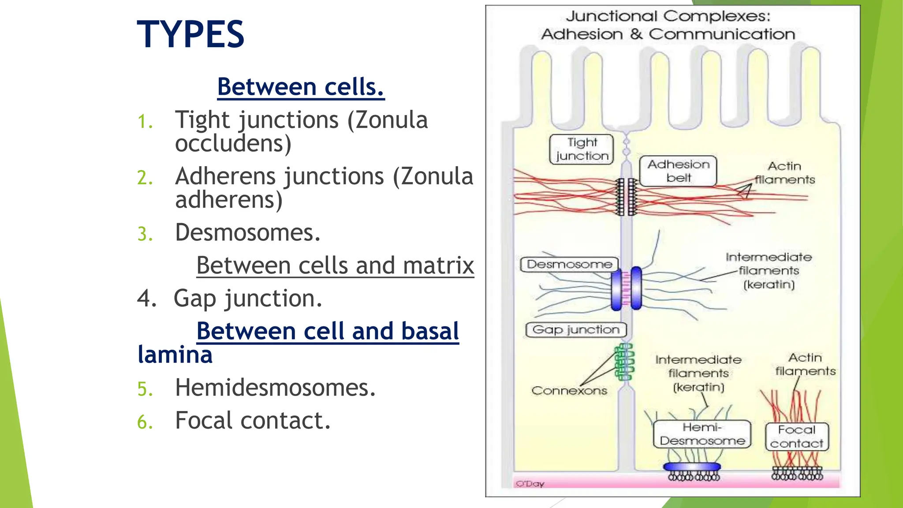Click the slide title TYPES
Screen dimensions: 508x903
pyautogui.click(x=190, y=34)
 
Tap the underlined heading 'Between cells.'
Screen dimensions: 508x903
pyautogui.click(x=301, y=86)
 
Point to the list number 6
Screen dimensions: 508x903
pyautogui.click(x=145, y=422)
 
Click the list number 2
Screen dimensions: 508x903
pyautogui.click(x=145, y=178)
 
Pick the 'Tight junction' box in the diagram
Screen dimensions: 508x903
pyautogui.click(x=582, y=149)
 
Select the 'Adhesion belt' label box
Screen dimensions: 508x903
pyautogui.click(x=678, y=171)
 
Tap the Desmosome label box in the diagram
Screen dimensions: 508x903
pyautogui.click(x=569, y=264)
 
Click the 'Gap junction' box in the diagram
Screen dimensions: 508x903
pyautogui.click(x=576, y=330)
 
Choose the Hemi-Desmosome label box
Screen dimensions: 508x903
pyautogui.click(x=702, y=434)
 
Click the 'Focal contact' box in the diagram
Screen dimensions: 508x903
pyautogui.click(x=797, y=437)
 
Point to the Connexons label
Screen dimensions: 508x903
pyautogui.click(x=569, y=390)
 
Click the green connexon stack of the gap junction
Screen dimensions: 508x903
pyautogui.click(x=625, y=362)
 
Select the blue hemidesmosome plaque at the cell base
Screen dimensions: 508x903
pyautogui.click(x=692, y=467)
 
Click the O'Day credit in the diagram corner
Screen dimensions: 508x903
pyautogui.click(x=530, y=484)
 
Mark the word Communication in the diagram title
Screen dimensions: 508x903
pyautogui.click(x=722, y=34)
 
